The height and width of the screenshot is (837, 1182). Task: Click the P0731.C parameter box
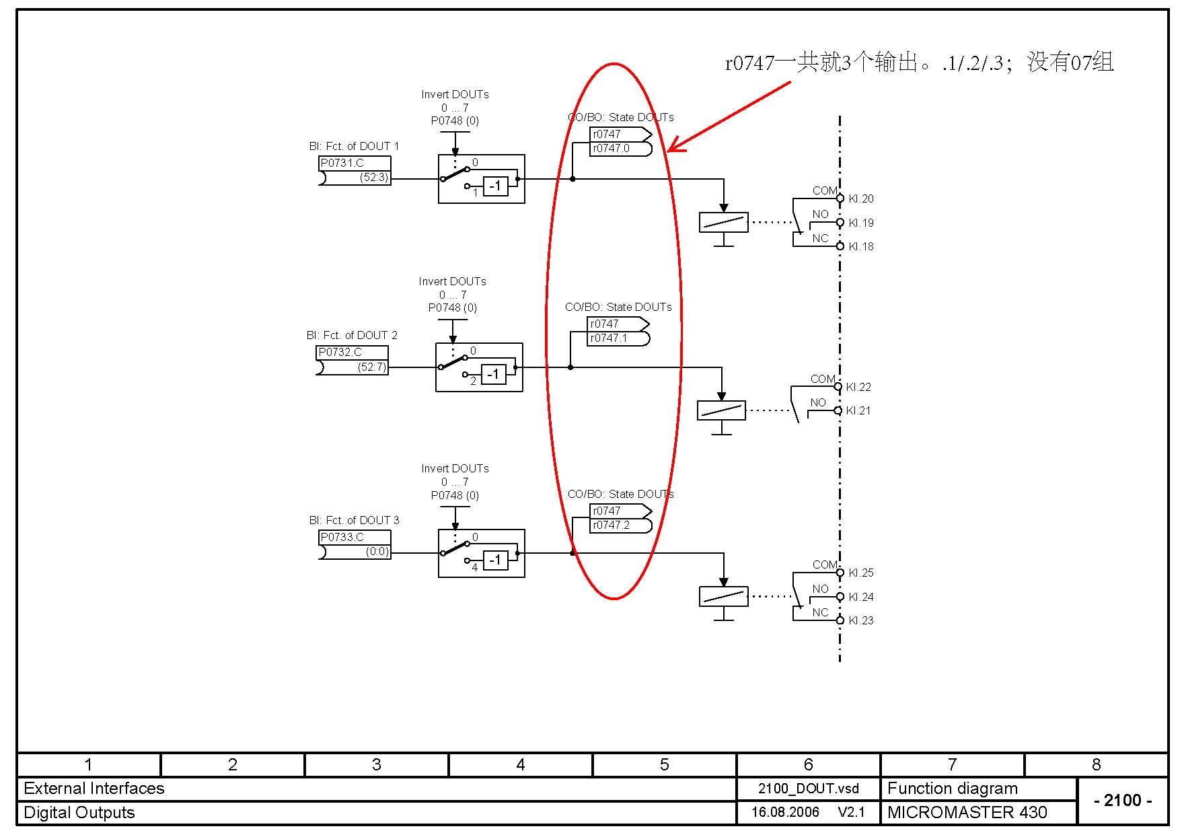[x=354, y=163]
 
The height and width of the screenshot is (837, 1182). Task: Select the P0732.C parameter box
[x=352, y=353]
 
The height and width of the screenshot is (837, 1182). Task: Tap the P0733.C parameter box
[x=354, y=538]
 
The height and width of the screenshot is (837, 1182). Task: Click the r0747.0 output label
[x=612, y=149]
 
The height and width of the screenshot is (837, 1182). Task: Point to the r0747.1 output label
[x=609, y=338]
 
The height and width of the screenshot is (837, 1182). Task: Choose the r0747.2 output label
[x=612, y=525]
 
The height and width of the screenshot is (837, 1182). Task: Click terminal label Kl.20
[x=861, y=199]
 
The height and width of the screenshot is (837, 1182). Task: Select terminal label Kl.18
[x=861, y=247]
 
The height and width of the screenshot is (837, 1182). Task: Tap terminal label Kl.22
[x=858, y=388]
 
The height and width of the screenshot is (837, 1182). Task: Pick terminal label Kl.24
[x=861, y=597]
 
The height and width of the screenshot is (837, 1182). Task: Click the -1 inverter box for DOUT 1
[x=496, y=186]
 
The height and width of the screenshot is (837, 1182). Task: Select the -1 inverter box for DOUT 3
[x=496, y=560]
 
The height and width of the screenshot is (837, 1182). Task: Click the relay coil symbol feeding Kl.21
[x=721, y=410]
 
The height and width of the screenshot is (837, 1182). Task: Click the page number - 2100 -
[x=1123, y=801]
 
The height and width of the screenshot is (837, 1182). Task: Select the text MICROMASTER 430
[x=967, y=813]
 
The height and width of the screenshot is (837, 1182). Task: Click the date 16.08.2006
[x=785, y=813]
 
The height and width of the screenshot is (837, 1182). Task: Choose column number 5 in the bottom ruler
[x=664, y=765]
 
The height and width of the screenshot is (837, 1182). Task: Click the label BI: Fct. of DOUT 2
[x=352, y=336]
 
